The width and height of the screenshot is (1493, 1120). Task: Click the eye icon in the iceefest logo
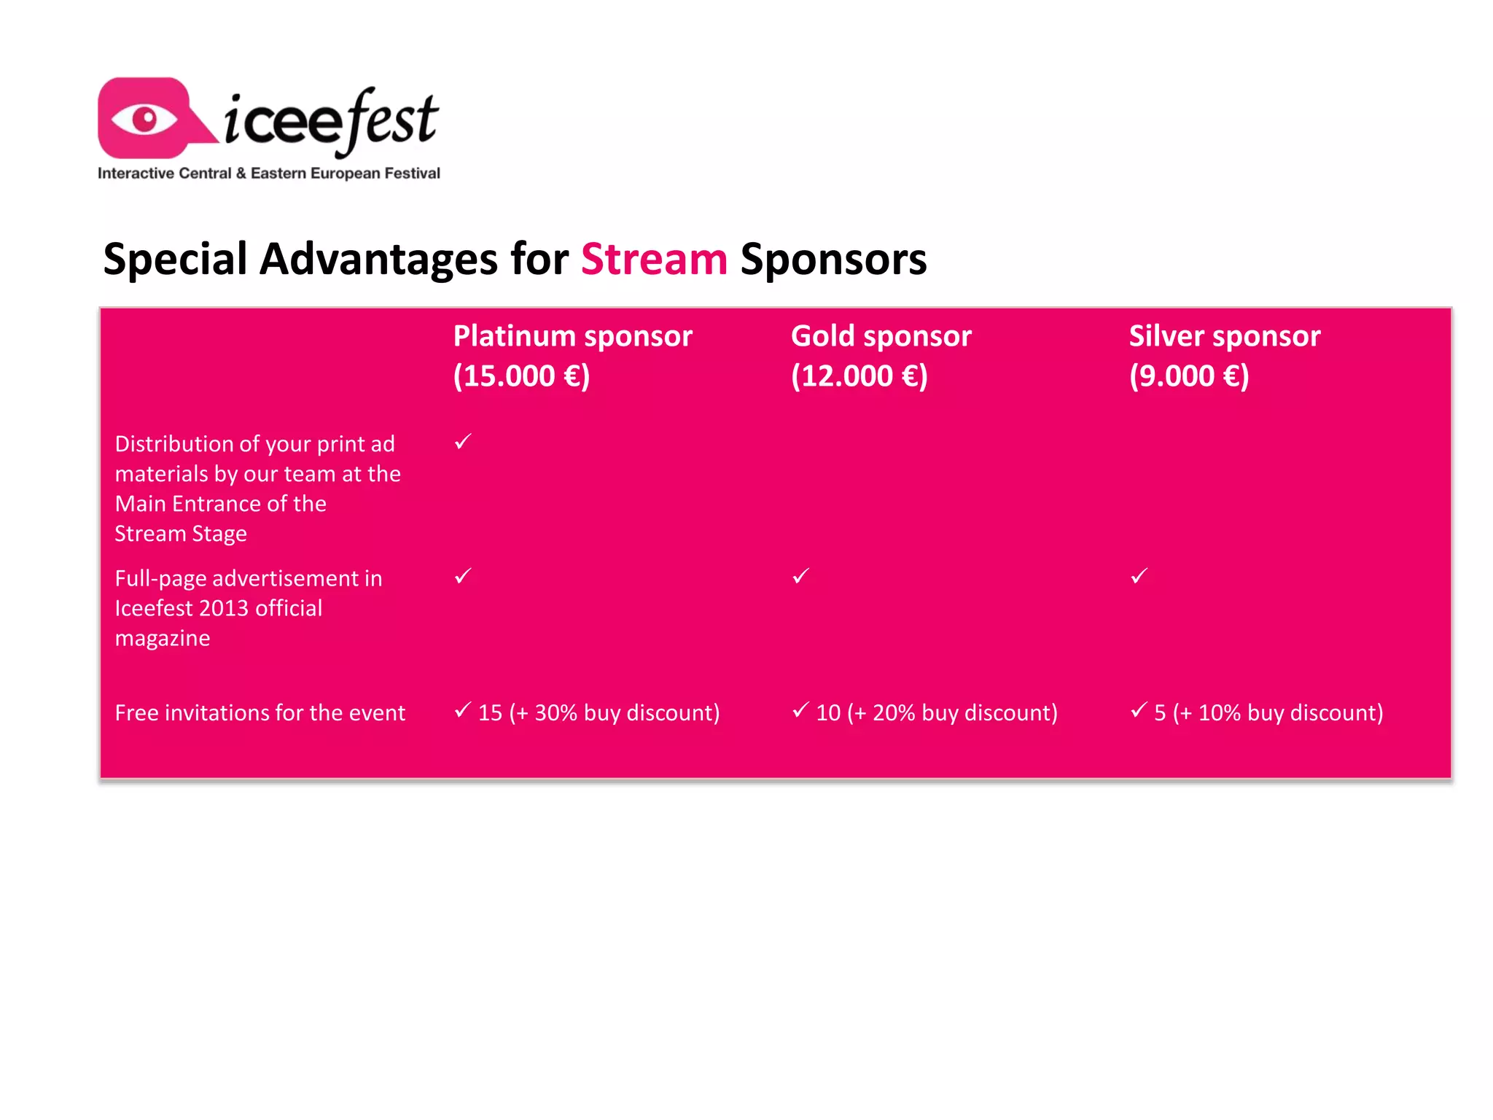(x=145, y=119)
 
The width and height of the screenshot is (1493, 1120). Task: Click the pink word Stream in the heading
(x=654, y=260)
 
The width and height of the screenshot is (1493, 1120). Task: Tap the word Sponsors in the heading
(x=833, y=260)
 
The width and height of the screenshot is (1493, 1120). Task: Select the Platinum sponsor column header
(x=572, y=336)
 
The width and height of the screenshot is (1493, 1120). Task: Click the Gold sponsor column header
(x=881, y=336)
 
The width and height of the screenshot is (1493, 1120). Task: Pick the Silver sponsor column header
(x=1224, y=336)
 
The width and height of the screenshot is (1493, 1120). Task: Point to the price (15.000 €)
(x=521, y=376)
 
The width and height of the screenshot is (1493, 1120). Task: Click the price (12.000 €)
(x=859, y=376)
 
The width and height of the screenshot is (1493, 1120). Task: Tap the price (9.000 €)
(x=1188, y=376)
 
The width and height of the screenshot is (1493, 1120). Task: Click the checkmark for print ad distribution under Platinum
(x=463, y=442)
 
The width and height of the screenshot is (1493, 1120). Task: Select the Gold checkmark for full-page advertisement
(x=800, y=576)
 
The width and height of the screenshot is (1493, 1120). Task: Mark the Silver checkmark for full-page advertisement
(x=1139, y=576)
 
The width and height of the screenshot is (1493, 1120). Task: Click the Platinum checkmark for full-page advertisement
(x=463, y=576)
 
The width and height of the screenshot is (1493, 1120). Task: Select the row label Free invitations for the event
(x=260, y=712)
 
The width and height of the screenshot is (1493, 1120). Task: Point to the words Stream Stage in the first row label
(x=181, y=534)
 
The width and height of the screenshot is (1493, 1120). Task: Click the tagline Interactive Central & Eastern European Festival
(x=268, y=174)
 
